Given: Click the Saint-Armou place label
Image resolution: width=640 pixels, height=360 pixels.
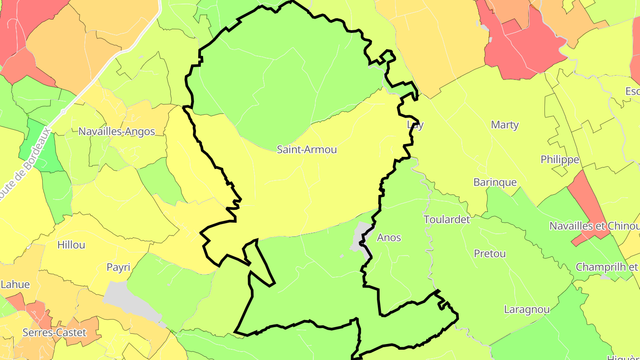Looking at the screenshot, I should click(307, 149).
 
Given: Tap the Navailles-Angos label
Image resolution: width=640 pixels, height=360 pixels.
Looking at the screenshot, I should click(116, 132).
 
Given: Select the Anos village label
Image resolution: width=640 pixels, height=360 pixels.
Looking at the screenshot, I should click(389, 238).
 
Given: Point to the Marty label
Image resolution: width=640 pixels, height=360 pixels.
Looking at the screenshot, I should click(504, 125).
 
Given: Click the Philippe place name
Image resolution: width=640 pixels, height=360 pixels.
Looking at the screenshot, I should click(560, 160).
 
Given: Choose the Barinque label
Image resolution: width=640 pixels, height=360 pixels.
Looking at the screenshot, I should click(495, 182).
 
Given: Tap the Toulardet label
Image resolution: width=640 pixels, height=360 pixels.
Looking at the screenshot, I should click(447, 220).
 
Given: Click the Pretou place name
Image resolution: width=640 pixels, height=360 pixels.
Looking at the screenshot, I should click(490, 254).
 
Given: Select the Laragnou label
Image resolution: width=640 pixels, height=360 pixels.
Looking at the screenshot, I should click(527, 309).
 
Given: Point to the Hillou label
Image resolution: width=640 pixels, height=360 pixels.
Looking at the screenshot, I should click(71, 245).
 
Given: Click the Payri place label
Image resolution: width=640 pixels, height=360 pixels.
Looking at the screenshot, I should click(118, 267).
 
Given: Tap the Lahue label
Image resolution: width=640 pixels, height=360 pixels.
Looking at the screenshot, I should click(15, 284).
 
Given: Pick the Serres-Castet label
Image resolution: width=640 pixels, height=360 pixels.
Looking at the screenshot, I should click(54, 332).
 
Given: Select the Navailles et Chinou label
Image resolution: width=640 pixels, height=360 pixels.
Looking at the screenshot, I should click(594, 226).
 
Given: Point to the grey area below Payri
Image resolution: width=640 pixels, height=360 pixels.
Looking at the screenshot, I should click(129, 302).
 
